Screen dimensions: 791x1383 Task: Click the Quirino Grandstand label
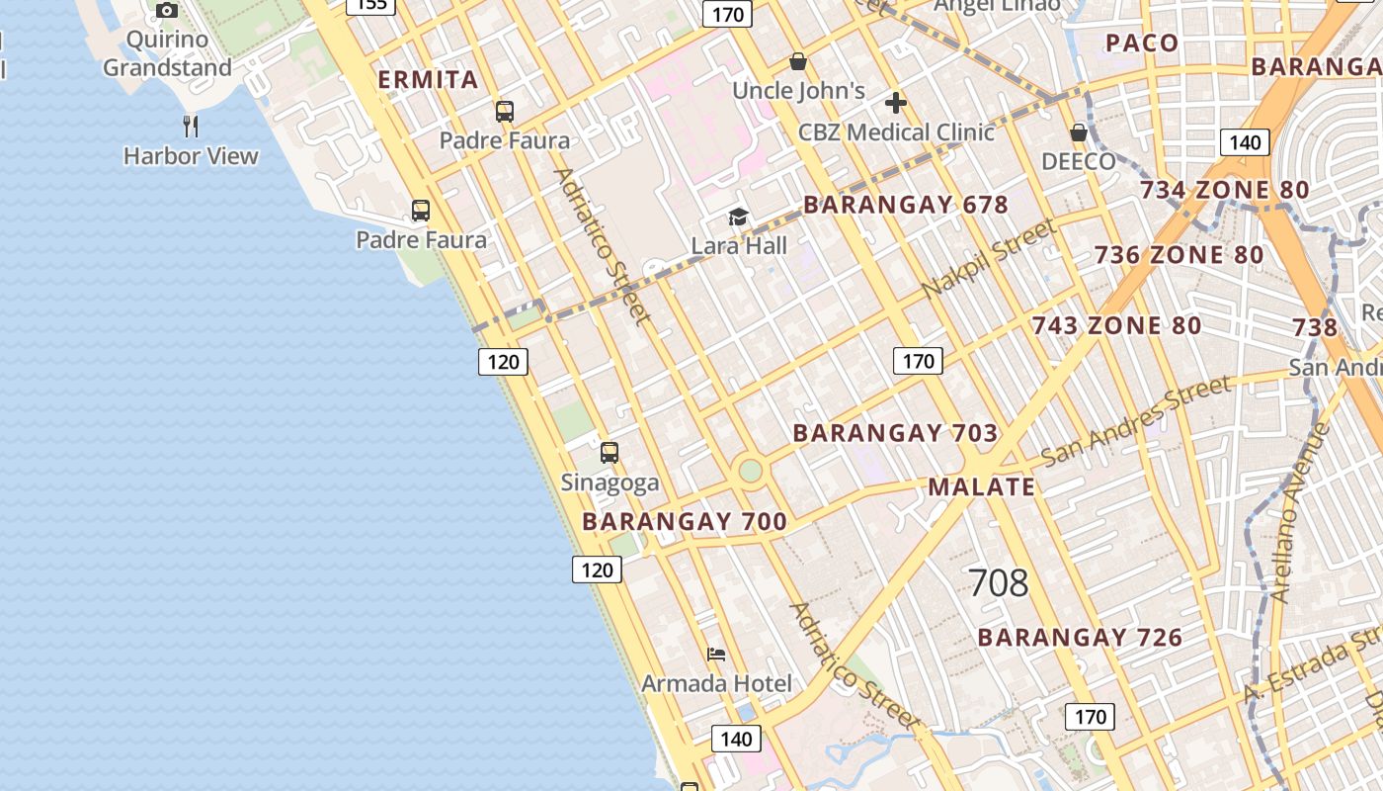click(167, 53)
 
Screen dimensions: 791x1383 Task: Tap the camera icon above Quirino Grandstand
click(167, 10)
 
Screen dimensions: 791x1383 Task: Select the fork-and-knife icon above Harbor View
click(191, 126)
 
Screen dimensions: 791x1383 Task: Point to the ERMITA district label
click(429, 80)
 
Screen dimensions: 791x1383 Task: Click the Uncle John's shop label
click(798, 91)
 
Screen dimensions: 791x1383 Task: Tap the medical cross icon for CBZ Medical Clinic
click(896, 103)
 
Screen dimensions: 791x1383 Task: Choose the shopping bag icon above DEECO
click(1079, 132)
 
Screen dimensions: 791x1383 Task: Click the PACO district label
click(1142, 43)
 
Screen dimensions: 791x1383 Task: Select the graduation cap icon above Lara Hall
click(738, 218)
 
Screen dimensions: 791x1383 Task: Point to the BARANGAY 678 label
click(906, 205)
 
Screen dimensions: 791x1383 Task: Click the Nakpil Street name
click(989, 259)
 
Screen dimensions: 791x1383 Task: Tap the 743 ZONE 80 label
click(1116, 325)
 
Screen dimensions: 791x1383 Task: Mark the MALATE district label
click(981, 486)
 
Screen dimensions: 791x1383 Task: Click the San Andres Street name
click(1137, 419)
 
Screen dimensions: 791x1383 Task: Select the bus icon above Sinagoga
click(610, 453)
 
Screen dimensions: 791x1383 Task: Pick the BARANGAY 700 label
click(685, 521)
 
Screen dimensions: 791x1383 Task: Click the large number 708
click(999, 583)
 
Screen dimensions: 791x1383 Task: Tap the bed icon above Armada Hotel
click(716, 655)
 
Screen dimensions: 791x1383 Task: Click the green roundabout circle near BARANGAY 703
click(751, 470)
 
